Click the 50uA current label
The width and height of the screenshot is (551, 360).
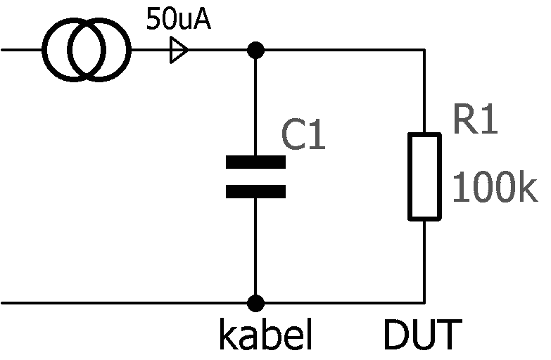[x=178, y=19]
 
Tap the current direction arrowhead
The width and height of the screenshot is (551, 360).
[x=179, y=51]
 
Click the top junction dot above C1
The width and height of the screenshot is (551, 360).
[x=256, y=51]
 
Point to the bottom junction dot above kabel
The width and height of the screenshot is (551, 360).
[x=256, y=304]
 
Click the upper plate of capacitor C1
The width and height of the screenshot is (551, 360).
[x=255, y=162]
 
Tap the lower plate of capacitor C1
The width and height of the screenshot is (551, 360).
[x=255, y=191]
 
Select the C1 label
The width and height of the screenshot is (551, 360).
[x=304, y=135]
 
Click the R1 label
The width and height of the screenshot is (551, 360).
[x=475, y=121]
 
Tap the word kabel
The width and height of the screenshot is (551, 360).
[x=265, y=337]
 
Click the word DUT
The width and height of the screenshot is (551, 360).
[x=423, y=337]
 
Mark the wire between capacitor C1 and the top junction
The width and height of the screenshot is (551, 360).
[x=256, y=105]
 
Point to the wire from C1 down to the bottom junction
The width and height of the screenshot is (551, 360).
[x=256, y=246]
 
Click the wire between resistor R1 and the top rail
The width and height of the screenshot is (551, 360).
[x=425, y=91]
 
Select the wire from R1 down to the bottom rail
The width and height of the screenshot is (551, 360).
[x=425, y=260]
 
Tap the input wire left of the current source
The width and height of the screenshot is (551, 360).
[x=21, y=51]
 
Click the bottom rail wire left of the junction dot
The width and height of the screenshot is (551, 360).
[x=127, y=304]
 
